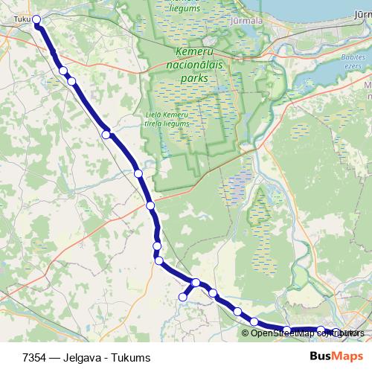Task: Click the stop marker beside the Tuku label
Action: tap(36, 22)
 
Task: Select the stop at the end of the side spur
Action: tap(182, 298)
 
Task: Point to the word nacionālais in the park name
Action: tap(191, 65)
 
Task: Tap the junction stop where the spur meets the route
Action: tap(196, 282)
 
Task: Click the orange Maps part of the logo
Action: tap(345, 356)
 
